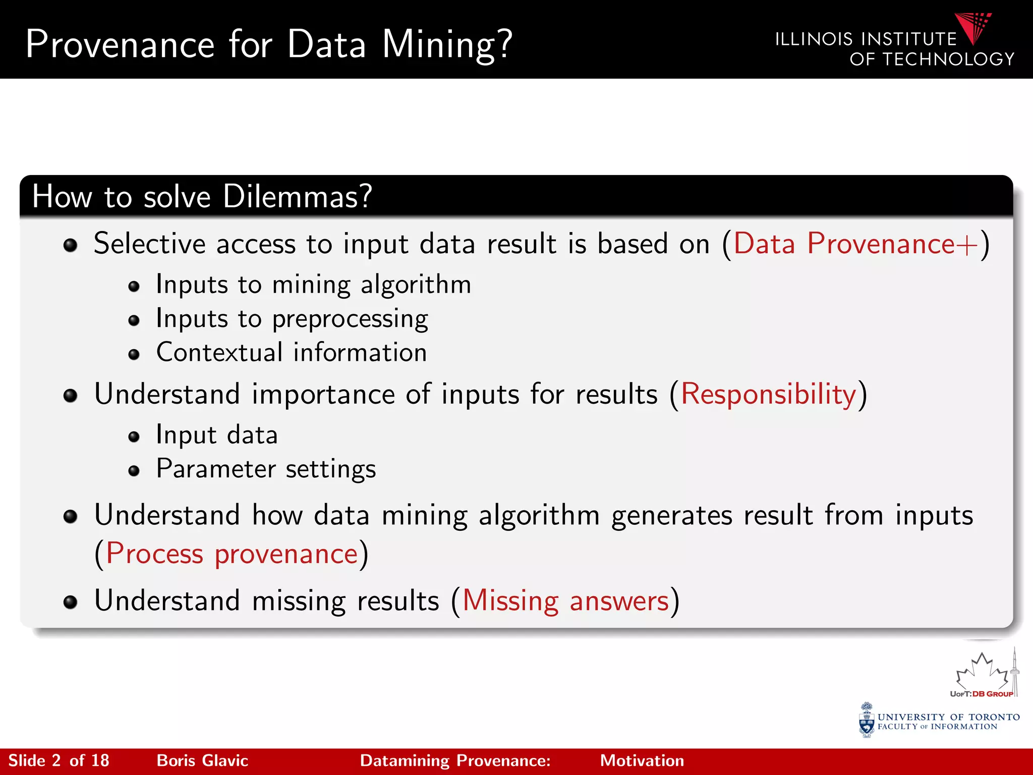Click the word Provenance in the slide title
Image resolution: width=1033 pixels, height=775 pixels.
tap(120, 45)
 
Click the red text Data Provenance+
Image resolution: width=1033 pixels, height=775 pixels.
tap(856, 244)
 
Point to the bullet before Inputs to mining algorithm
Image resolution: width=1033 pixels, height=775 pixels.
tap(134, 287)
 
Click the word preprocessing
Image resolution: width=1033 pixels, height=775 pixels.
tap(350, 319)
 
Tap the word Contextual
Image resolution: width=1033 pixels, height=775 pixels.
tap(219, 353)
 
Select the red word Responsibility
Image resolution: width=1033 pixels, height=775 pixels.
tap(768, 395)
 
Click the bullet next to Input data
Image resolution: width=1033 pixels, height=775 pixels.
tap(134, 437)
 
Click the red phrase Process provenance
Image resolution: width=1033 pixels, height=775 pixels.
tap(232, 555)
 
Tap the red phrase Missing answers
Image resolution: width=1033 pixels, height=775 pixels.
tap(565, 601)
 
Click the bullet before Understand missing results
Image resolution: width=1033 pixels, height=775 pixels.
tap(71, 602)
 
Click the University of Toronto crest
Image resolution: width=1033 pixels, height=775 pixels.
tap(867, 720)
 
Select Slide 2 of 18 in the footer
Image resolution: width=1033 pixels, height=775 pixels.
tap(59, 761)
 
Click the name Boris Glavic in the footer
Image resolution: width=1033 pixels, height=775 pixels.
tap(202, 761)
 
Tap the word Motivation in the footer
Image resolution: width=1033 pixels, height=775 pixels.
tap(642, 761)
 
